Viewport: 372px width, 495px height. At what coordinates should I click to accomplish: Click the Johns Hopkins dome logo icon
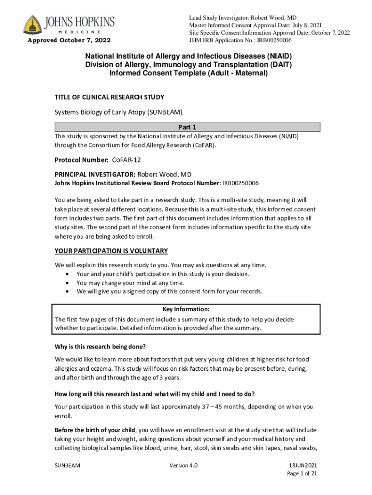pyautogui.click(x=32, y=25)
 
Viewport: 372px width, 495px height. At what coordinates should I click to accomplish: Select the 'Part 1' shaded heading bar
pyautogui.click(x=187, y=127)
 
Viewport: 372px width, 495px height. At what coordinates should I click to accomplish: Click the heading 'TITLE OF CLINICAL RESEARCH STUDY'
pyautogui.click(x=109, y=97)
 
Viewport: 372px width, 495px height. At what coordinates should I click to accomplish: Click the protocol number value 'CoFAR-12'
pyautogui.click(x=127, y=160)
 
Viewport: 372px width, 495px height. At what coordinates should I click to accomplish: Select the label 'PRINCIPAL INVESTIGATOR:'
pyautogui.click(x=95, y=174)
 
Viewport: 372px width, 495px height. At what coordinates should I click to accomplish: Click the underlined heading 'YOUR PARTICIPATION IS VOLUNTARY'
pyautogui.click(x=111, y=251)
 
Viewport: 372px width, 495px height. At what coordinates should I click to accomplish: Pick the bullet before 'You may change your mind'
pyautogui.click(x=67, y=283)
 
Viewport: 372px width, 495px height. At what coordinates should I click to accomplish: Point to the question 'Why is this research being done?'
pyautogui.click(x=100, y=347)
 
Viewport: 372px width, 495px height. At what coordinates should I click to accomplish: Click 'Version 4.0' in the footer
pyautogui.click(x=184, y=466)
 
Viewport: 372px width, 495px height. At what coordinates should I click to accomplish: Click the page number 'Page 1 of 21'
pyautogui.click(x=302, y=474)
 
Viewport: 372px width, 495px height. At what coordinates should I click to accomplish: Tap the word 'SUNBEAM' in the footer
pyautogui.click(x=68, y=466)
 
